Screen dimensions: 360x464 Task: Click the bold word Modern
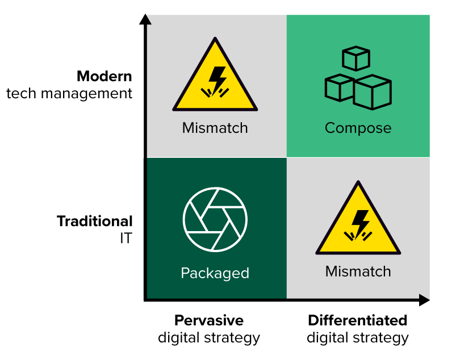click(x=104, y=76)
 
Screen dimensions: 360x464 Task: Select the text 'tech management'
click(x=69, y=93)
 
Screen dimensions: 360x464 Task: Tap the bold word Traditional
click(x=94, y=221)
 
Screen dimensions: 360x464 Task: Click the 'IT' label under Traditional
click(x=126, y=238)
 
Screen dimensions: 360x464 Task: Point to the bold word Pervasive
click(x=208, y=320)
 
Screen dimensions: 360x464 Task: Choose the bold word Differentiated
click(x=357, y=320)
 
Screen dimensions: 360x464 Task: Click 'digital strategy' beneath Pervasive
click(x=208, y=338)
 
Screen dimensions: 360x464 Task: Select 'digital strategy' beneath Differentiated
click(x=357, y=338)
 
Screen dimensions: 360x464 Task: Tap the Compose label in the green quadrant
click(x=358, y=128)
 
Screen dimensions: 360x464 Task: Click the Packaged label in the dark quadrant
click(x=215, y=273)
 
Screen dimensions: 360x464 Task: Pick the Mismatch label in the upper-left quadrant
click(x=215, y=128)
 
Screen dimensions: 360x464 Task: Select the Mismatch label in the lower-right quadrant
click(x=358, y=271)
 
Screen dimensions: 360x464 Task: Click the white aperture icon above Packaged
click(x=215, y=219)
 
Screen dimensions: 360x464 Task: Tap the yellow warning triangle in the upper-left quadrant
click(x=215, y=79)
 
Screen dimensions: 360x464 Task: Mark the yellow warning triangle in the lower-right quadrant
click(x=358, y=223)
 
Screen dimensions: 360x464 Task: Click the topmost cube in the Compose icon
click(x=356, y=58)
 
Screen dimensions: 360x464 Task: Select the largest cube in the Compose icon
click(x=372, y=91)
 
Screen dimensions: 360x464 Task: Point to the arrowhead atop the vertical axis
click(x=145, y=19)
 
